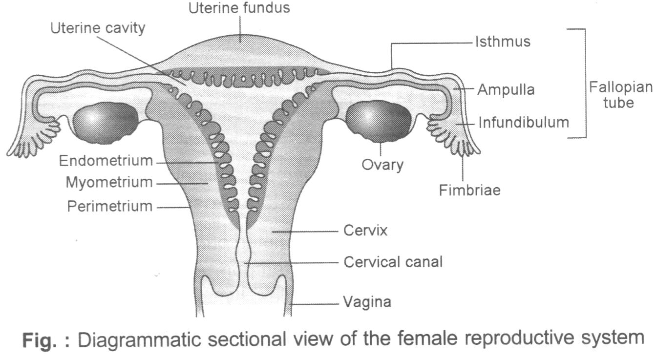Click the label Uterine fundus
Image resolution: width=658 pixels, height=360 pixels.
click(240, 8)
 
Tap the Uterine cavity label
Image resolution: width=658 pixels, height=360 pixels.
click(98, 28)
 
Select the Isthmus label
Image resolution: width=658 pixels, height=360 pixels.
click(503, 42)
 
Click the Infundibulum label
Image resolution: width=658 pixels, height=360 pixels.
click(524, 122)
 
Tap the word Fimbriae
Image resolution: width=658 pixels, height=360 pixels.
click(470, 190)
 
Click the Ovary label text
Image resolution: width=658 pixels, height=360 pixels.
click(382, 165)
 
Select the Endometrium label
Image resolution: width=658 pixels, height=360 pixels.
click(105, 160)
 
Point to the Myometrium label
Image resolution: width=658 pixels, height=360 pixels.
click(109, 183)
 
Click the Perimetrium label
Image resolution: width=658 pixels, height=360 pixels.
click(109, 206)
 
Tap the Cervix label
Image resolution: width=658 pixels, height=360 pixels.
click(365, 231)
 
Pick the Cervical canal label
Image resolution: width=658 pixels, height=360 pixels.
click(393, 262)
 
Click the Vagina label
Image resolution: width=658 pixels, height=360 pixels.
click(367, 302)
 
